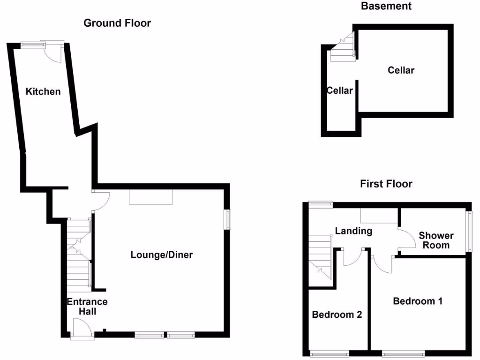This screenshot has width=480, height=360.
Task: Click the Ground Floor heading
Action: click(x=117, y=23)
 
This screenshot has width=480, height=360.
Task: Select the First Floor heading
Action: click(x=386, y=184)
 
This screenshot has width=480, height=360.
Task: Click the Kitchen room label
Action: click(x=43, y=91)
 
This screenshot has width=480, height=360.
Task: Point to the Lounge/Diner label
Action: click(x=162, y=255)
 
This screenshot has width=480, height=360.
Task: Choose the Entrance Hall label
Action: click(x=87, y=306)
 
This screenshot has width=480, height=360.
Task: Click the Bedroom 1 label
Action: click(x=418, y=301)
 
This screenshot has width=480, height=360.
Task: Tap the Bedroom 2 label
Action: click(x=337, y=315)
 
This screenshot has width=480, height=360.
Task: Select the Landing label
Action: click(x=353, y=231)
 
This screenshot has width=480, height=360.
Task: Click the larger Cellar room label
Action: click(x=401, y=70)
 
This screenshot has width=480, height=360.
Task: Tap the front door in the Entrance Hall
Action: click(x=79, y=327)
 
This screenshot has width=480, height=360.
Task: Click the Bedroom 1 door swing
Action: click(x=382, y=265)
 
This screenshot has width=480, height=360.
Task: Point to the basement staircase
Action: click(x=342, y=48)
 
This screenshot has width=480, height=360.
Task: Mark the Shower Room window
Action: click(x=469, y=230)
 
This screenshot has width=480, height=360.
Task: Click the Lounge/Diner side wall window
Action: click(x=228, y=219)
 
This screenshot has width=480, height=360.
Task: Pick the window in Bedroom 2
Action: click(x=328, y=354)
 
